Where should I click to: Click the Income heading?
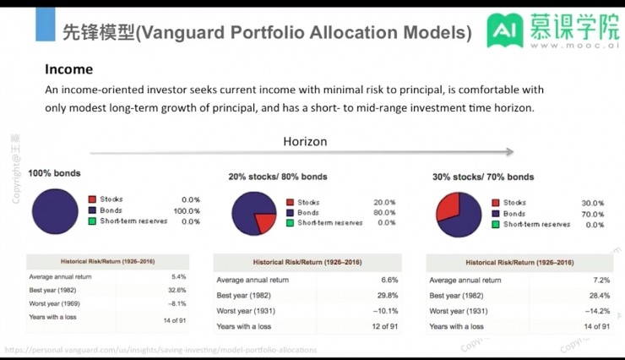point(68,69)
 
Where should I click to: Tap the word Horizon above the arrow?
point(305,141)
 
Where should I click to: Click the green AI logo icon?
point(503,31)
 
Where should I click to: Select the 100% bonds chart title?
point(55,173)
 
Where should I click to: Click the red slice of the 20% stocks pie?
point(264,222)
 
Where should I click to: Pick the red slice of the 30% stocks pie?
point(448,208)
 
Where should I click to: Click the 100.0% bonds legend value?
point(186,210)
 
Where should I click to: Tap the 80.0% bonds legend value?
point(384,213)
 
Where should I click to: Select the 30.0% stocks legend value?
point(594,203)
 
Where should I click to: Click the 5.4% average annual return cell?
point(178,276)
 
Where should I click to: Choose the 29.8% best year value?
point(384,295)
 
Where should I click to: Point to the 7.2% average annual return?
point(600,280)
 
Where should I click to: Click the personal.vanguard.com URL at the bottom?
point(160,349)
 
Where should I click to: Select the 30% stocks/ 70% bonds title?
point(483,177)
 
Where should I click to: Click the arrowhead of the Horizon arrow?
point(509,152)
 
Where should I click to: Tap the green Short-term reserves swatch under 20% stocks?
point(291,223)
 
